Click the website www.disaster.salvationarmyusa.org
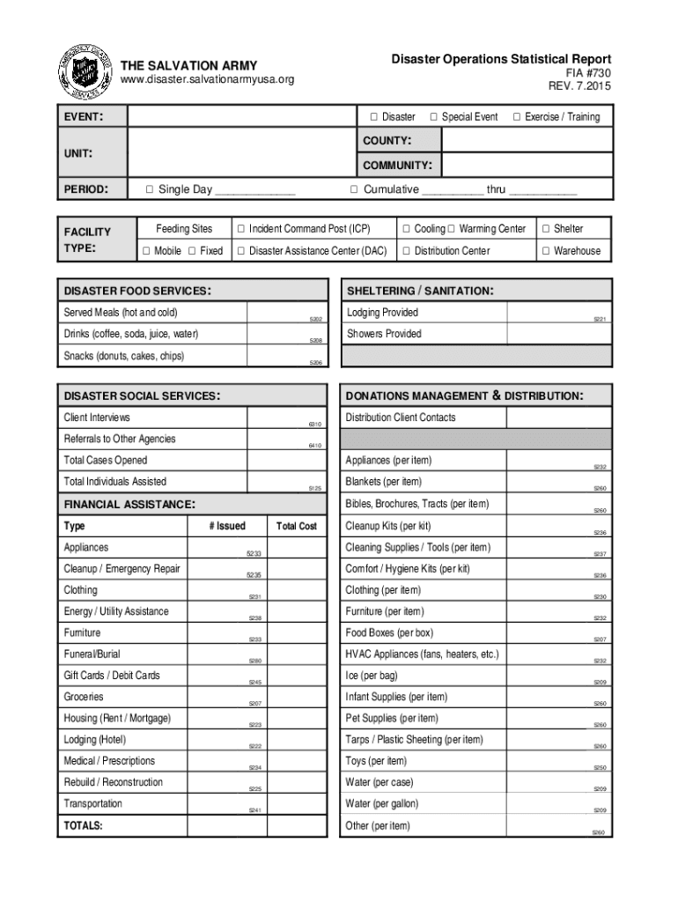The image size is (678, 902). coord(207,80)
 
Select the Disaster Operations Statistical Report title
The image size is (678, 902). coord(501,59)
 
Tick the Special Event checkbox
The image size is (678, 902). coord(434,117)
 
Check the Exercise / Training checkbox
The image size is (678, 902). coord(517,117)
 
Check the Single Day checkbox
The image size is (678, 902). coord(150,189)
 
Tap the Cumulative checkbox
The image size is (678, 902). coord(354,189)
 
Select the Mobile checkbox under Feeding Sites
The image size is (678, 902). coord(146,251)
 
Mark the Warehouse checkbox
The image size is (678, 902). coord(546,251)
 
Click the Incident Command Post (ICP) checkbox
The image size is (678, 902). coord(240,229)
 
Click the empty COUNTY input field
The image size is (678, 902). coord(526,141)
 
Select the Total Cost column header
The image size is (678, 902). coord(296,526)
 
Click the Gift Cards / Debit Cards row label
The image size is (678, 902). coord(112,676)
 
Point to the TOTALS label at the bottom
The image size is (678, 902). coord(83,825)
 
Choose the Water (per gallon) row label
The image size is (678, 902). coord(382,803)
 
